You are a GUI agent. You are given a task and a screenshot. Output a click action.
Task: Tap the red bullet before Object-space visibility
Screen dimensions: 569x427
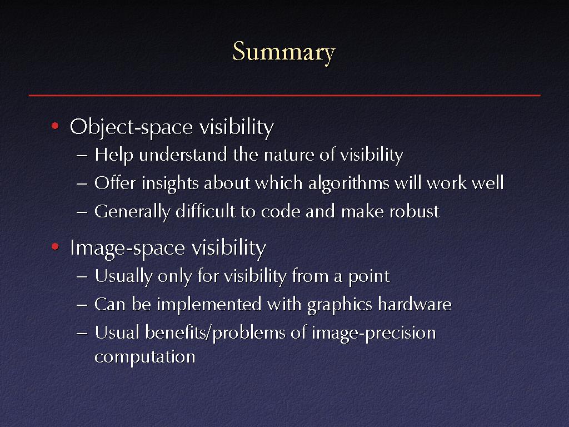(x=55, y=126)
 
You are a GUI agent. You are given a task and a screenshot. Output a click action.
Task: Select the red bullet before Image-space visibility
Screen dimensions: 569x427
(x=55, y=247)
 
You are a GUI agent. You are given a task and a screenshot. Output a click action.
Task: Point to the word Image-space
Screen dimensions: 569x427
(x=128, y=249)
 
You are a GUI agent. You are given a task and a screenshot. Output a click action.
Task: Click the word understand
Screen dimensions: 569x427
(x=183, y=155)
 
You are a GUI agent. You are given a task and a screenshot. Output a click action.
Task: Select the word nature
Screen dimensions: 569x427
(x=289, y=155)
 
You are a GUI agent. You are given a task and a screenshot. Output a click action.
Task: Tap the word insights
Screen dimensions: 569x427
(x=170, y=183)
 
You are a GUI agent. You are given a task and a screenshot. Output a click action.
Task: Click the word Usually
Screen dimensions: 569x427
(x=123, y=276)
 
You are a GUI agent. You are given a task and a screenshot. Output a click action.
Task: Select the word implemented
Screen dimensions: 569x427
(x=209, y=304)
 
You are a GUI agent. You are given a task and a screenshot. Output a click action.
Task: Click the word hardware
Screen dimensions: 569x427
(x=415, y=304)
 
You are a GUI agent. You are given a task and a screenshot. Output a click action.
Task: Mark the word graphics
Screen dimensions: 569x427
(x=340, y=305)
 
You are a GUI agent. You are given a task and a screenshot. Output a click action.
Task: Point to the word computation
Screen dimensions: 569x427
(x=145, y=357)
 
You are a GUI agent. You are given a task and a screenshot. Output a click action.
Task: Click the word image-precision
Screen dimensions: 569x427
(x=374, y=334)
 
